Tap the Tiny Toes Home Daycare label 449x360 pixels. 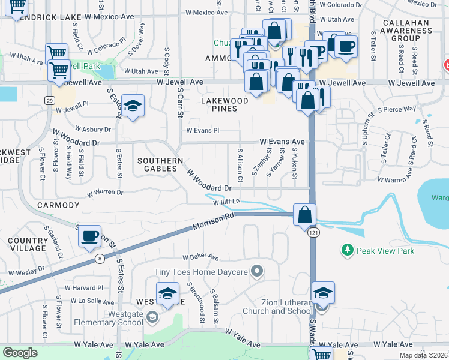pyautogui.click(x=201, y=272)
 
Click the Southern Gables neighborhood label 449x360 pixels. pyautogui.click(x=160, y=164)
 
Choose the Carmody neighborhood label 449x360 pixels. pyautogui.click(x=58, y=205)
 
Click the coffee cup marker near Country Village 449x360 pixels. pyautogui.click(x=89, y=236)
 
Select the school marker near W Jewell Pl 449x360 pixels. pyautogui.click(x=133, y=106)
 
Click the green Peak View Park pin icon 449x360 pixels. pyautogui.click(x=346, y=249)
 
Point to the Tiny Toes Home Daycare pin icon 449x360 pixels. pyautogui.click(x=257, y=271)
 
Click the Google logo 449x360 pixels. pyautogui.click(x=20, y=353)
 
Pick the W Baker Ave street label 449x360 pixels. pyautogui.click(x=202, y=257)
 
